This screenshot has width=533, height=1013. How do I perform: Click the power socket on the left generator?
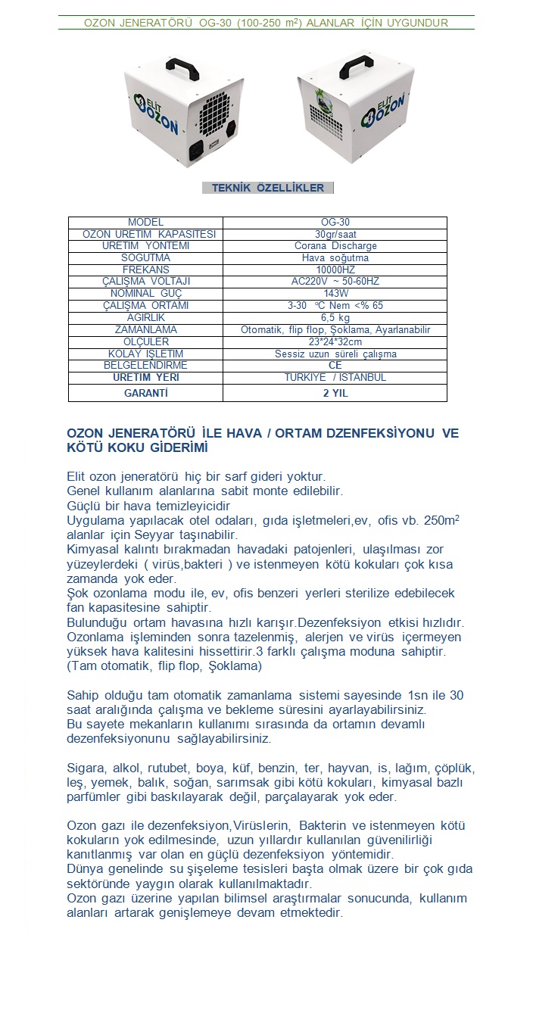tap(198, 150)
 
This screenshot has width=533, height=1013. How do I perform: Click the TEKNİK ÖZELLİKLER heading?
tap(267, 188)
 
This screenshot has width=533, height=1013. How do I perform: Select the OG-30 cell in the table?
tap(335, 223)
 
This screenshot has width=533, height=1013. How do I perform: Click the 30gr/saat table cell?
tap(335, 234)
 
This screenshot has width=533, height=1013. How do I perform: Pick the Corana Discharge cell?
tap(335, 246)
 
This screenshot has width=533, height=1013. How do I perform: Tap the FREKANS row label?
tap(145, 270)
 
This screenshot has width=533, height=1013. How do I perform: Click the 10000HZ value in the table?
tap(335, 270)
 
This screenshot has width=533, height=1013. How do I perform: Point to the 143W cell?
tap(335, 293)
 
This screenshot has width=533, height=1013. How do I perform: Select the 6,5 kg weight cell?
tap(335, 317)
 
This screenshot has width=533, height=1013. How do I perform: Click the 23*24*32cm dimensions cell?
tap(335, 341)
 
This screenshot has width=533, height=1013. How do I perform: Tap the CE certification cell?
tap(335, 365)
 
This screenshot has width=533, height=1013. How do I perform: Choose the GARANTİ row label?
tap(145, 394)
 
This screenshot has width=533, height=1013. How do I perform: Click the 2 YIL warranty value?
tap(335, 394)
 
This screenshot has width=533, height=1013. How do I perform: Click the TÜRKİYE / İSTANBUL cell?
tap(335, 377)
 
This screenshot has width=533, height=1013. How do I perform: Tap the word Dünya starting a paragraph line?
tap(85, 869)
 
